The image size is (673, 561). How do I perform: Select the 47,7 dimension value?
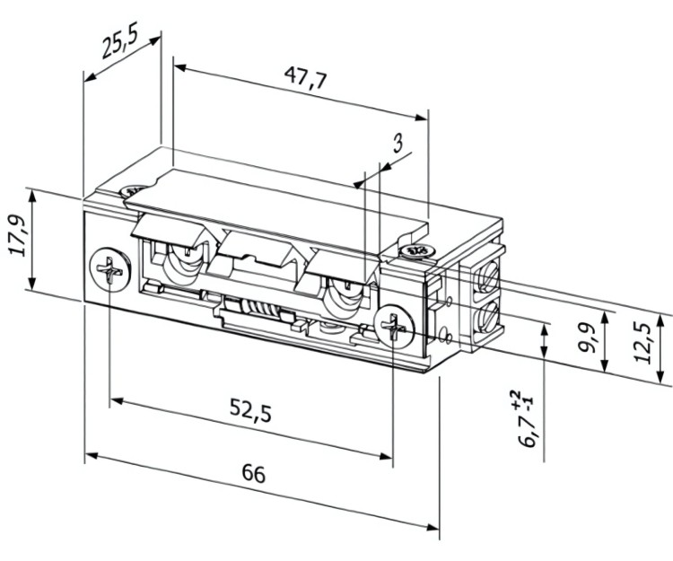pyautogui.click(x=302, y=79)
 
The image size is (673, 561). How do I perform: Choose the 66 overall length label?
pyautogui.click(x=254, y=474)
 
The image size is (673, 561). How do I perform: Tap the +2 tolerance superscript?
pyautogui.click(x=515, y=398)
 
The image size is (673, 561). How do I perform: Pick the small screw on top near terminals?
pyautogui.click(x=415, y=250)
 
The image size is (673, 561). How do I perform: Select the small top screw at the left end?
pyautogui.click(x=133, y=191)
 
